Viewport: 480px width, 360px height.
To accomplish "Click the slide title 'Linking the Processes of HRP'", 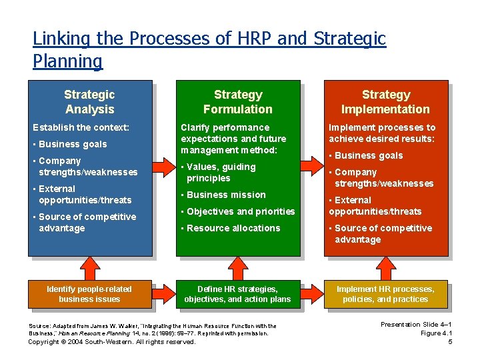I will click(x=209, y=49).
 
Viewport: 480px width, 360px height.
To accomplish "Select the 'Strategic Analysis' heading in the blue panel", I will click(x=89, y=102).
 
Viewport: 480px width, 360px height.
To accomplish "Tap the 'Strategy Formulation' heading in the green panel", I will click(x=237, y=102).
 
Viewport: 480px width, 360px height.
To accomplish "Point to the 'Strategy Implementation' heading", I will click(x=385, y=102).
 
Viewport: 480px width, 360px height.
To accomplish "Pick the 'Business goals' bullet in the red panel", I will click(x=369, y=155).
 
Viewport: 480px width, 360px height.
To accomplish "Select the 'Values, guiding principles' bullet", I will click(x=221, y=173).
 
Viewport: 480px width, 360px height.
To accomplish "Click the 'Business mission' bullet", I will click(x=226, y=195).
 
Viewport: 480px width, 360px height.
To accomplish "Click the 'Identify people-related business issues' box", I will click(x=89, y=294).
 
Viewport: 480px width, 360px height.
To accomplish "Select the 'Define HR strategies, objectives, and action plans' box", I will click(x=237, y=294).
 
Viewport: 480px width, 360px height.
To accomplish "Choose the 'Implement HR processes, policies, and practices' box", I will click(x=385, y=294).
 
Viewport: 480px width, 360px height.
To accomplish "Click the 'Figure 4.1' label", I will click(x=437, y=333).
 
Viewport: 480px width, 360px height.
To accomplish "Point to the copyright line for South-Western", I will click(x=112, y=342).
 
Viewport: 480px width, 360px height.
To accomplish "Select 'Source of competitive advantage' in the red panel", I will click(x=383, y=234).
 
